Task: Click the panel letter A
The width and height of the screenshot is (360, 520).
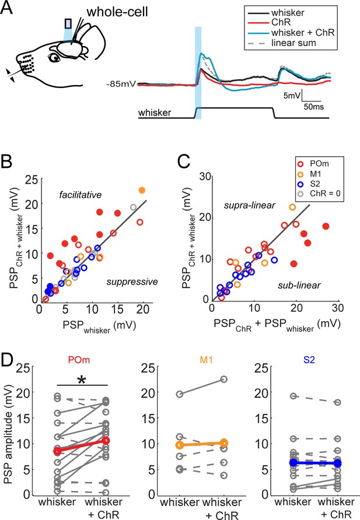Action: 6,8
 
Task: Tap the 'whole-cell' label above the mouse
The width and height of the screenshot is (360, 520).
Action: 117,12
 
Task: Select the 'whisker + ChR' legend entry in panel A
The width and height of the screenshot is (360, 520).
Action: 291,33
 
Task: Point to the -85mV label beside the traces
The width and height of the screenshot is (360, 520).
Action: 121,84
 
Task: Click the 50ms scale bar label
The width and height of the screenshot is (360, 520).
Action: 313,107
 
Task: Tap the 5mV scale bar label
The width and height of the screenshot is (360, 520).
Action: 292,96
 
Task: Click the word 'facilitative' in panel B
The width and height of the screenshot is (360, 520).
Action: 81,195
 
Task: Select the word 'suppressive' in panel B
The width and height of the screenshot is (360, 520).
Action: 132,282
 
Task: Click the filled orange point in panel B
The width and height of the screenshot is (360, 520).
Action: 142,191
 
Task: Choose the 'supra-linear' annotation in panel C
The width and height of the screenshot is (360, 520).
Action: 250,206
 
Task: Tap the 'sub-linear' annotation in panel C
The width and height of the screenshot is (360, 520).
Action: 299,285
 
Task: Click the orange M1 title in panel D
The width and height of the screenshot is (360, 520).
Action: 206,360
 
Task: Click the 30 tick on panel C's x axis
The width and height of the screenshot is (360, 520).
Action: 337,308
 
